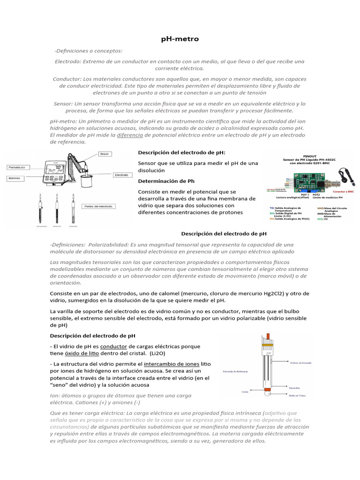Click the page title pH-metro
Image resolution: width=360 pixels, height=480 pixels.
pyautogui.click(x=180, y=39)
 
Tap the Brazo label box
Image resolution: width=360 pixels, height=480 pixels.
pyautogui.click(x=105, y=153)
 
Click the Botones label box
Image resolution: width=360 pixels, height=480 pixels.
pyautogui.click(x=16, y=178)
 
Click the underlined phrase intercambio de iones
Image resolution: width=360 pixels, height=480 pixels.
pyautogui.click(x=172, y=364)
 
